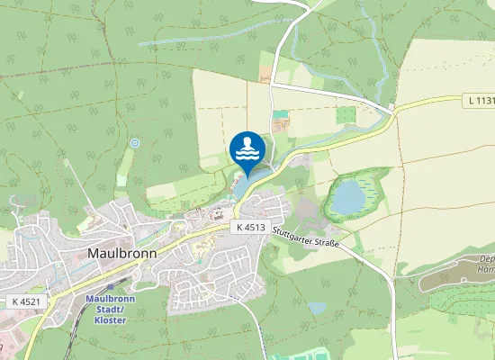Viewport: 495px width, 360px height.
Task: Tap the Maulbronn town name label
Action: pos(123,253)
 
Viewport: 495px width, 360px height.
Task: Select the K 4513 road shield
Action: pos(251,228)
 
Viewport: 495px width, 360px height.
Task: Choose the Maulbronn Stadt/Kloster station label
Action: pos(109,305)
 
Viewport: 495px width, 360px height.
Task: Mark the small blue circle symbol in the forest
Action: pos(135,143)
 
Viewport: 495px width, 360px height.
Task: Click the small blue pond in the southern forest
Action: pos(316,308)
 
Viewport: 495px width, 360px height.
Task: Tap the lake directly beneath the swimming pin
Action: pos(241,186)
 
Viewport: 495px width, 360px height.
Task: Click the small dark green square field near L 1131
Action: pos(346,115)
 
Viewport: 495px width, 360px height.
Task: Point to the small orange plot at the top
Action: pos(265,68)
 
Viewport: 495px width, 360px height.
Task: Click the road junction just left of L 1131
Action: pos(392,110)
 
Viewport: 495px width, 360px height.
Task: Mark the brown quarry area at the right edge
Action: pos(454,274)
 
